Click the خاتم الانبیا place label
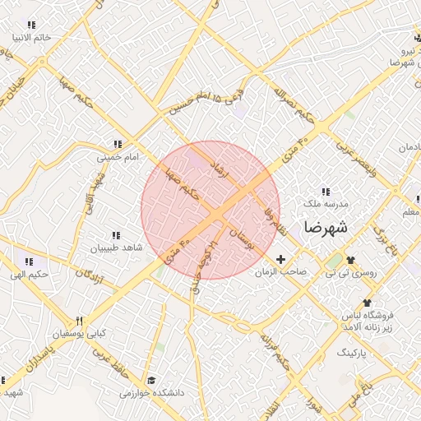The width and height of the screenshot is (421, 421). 31,38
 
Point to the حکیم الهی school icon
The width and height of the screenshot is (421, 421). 29,261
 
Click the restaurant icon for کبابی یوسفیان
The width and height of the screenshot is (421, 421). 80,322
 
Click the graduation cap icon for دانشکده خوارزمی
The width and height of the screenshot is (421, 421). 150,380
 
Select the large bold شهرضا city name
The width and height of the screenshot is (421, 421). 326,226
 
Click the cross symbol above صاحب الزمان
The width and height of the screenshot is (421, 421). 280,259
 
